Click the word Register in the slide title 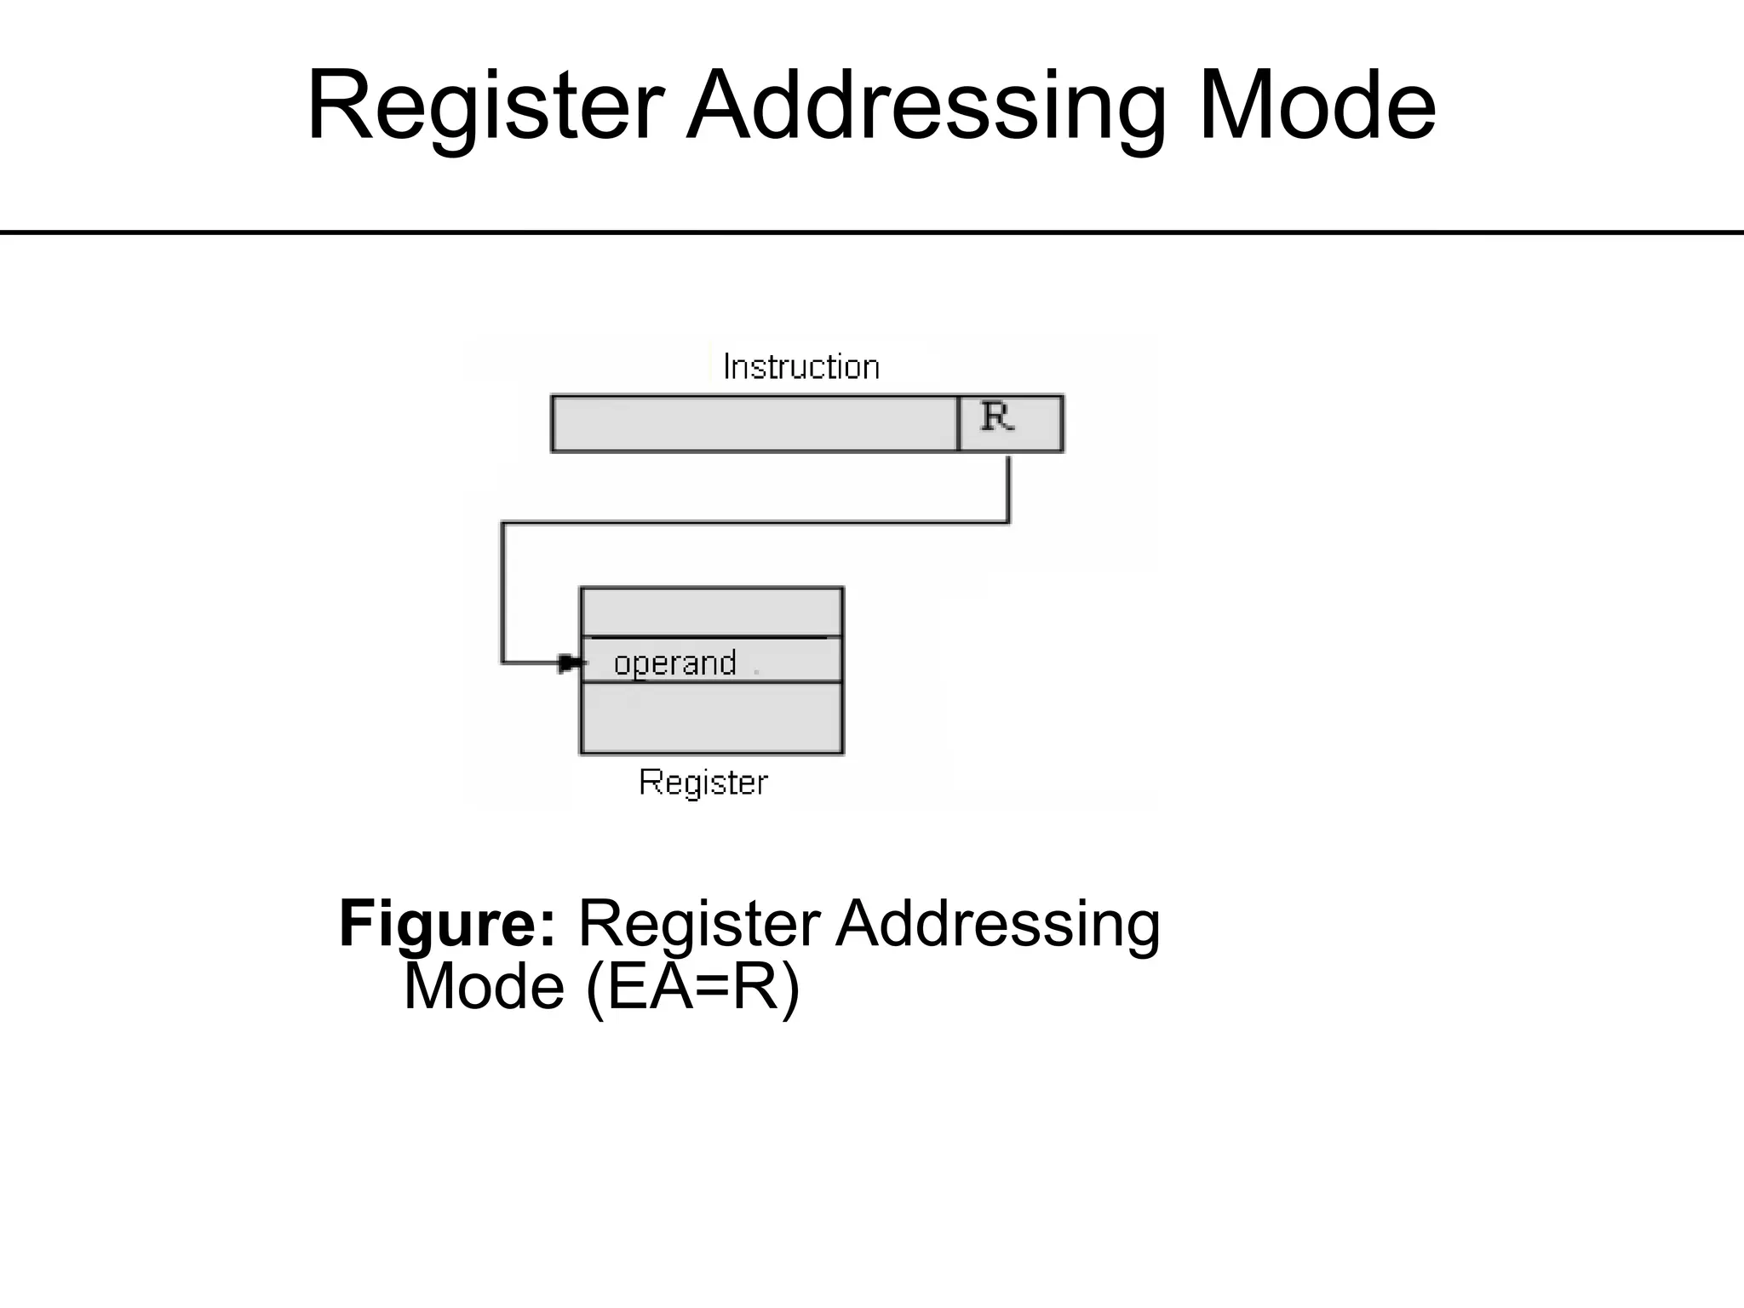[x=485, y=106]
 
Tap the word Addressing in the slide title [x=926, y=106]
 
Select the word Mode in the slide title [x=1317, y=106]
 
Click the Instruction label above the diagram [x=800, y=367]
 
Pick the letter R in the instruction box [x=997, y=417]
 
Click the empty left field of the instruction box [x=754, y=423]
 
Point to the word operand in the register [x=674, y=663]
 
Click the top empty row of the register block [x=711, y=611]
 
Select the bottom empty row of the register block [x=711, y=718]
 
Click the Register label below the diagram [x=703, y=782]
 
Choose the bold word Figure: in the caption [x=447, y=924]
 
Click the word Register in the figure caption [x=699, y=924]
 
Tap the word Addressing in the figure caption [x=997, y=924]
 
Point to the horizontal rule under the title [x=872, y=232]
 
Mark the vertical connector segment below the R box [x=1008, y=489]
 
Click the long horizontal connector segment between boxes [x=754, y=523]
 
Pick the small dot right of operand [x=756, y=673]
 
